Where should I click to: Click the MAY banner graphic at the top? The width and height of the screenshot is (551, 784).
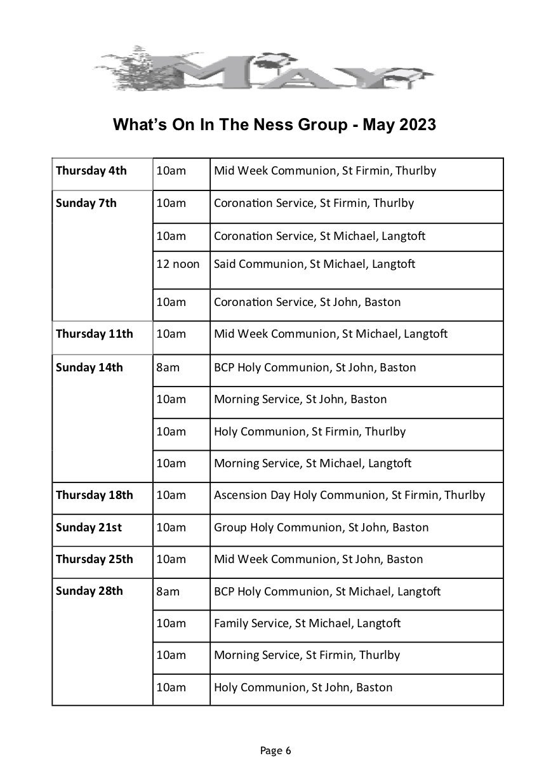(263, 69)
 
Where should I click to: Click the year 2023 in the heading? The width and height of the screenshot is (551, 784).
(417, 124)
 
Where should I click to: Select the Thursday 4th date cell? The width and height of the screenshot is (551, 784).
(91, 171)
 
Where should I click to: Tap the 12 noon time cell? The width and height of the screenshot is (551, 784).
(178, 264)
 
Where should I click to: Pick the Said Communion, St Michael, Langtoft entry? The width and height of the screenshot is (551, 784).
(314, 264)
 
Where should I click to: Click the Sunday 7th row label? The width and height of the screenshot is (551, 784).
(86, 204)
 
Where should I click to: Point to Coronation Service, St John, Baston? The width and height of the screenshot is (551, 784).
(307, 302)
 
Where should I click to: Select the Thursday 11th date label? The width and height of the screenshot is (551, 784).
(95, 334)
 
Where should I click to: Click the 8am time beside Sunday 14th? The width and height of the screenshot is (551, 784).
(168, 368)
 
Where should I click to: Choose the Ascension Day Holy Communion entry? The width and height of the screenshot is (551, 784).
(349, 495)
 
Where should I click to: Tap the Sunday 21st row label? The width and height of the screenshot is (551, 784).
(89, 528)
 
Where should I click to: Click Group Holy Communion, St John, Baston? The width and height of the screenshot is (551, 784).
(321, 528)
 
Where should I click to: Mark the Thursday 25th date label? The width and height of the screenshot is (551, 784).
(95, 559)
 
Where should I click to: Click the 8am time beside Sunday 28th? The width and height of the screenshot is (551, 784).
(168, 592)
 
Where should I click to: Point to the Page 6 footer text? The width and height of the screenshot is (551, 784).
(275, 751)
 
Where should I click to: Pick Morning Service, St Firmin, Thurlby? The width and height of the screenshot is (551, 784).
(307, 655)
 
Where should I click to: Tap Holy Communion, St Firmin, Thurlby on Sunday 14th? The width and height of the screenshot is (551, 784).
(310, 432)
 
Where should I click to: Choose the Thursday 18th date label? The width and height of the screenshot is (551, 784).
(95, 495)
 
